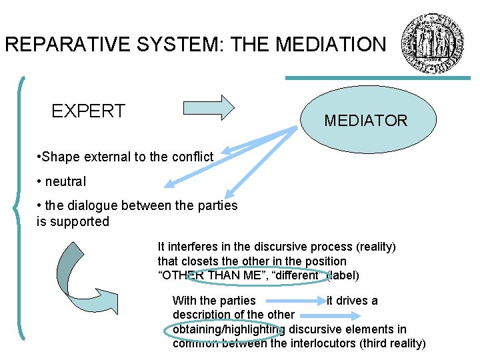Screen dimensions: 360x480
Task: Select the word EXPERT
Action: pyautogui.click(x=88, y=111)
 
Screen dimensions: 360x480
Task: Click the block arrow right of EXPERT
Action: pyautogui.click(x=209, y=107)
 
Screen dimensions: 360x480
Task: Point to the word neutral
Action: pyautogui.click(x=65, y=181)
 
